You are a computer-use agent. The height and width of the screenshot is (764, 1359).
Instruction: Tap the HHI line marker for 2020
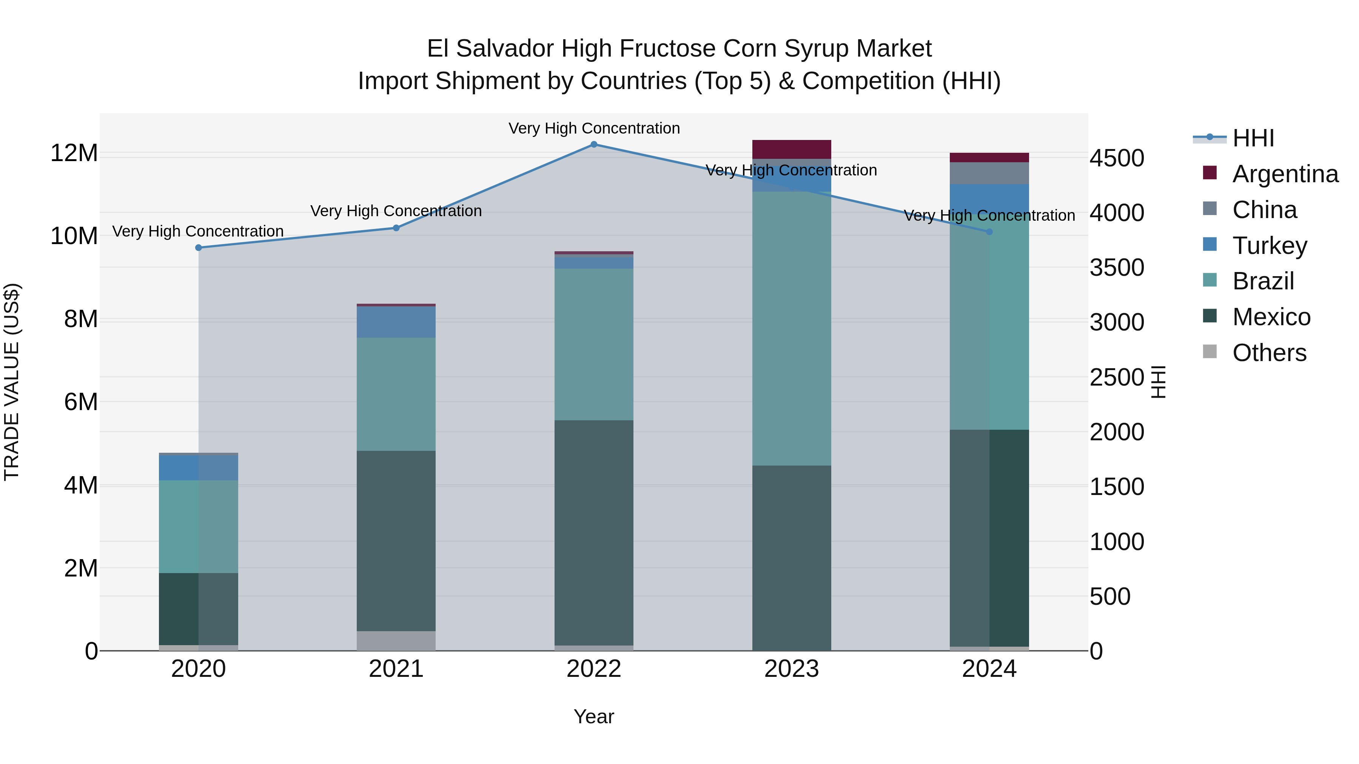[198, 248]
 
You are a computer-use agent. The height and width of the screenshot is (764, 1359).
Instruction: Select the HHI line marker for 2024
[989, 232]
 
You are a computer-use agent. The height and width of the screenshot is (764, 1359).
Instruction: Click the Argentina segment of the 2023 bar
[791, 149]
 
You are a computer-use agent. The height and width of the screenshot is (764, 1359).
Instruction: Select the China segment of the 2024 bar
[989, 173]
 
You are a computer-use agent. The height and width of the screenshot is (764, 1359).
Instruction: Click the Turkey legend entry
[1269, 246]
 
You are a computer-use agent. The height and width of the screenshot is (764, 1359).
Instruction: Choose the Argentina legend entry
[1285, 174]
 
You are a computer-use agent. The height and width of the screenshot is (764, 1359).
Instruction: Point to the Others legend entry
[1269, 353]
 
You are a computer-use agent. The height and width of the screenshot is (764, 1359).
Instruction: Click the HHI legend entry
[1253, 138]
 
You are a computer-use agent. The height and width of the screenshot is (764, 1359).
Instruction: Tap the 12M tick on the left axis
[74, 154]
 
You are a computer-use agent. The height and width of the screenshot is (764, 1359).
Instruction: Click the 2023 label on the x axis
[791, 669]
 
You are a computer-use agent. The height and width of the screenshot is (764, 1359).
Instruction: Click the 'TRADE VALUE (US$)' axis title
[12, 382]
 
